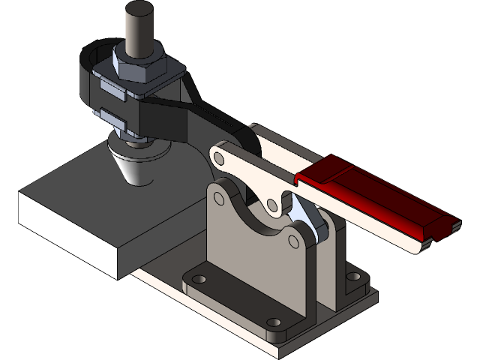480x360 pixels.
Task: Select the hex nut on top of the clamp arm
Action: click(136, 66)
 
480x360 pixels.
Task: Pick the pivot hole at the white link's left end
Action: click(219, 158)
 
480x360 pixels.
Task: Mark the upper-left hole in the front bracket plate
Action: click(219, 199)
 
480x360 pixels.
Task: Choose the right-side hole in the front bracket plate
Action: click(293, 241)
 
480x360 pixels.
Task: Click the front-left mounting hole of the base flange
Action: click(198, 279)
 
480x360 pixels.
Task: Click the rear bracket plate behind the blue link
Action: click(334, 255)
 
